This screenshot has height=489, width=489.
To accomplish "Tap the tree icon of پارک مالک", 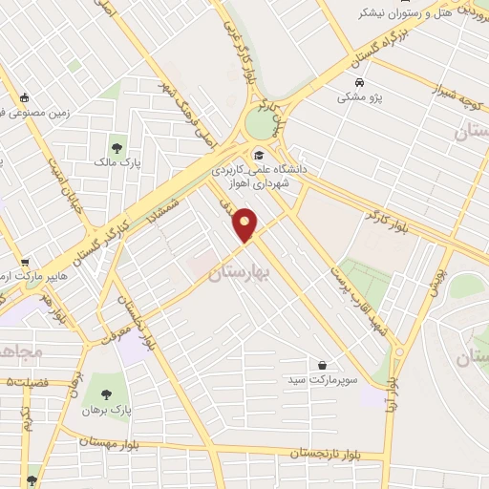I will click(x=117, y=148).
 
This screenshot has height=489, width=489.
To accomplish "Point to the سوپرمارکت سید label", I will click(x=326, y=380).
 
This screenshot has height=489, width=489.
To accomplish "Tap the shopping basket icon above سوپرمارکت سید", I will click(x=323, y=364).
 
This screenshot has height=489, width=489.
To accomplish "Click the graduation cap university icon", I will click(x=257, y=155).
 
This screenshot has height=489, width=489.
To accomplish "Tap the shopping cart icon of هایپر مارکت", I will click(x=24, y=263).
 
